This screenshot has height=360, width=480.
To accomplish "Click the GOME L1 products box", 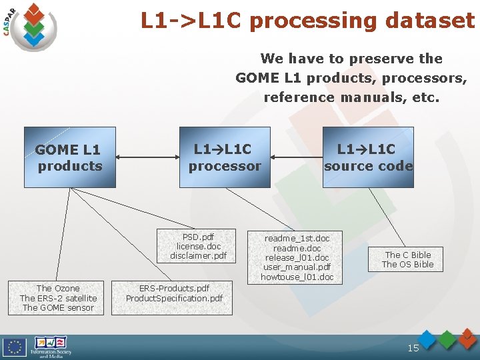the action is tap(70, 157).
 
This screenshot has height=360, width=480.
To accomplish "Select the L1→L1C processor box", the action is tap(225, 157).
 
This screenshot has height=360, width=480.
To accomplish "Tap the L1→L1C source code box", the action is tap(368, 157).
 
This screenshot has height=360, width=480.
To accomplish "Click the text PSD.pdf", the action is tap(198, 237).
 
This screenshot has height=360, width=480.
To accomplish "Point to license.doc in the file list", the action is tap(198, 246).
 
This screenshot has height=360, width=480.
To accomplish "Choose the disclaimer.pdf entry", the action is tap(198, 255).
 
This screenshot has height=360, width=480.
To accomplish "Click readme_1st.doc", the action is tap(297, 238).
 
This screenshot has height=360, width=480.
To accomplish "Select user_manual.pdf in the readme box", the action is tap(297, 267).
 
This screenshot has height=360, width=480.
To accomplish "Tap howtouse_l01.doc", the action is tap(297, 277).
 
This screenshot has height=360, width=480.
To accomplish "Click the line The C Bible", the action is tap(407, 255).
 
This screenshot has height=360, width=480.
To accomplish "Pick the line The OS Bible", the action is tap(407, 264).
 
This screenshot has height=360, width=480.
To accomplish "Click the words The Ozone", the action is tap(58, 289).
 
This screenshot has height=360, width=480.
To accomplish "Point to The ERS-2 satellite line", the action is tap(58, 298).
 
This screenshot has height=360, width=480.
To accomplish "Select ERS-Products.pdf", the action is tap(174, 289).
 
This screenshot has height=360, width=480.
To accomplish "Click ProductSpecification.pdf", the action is tap(174, 298).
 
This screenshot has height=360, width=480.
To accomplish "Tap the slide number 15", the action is tap(413, 348).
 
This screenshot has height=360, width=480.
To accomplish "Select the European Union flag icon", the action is tap(14, 347).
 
